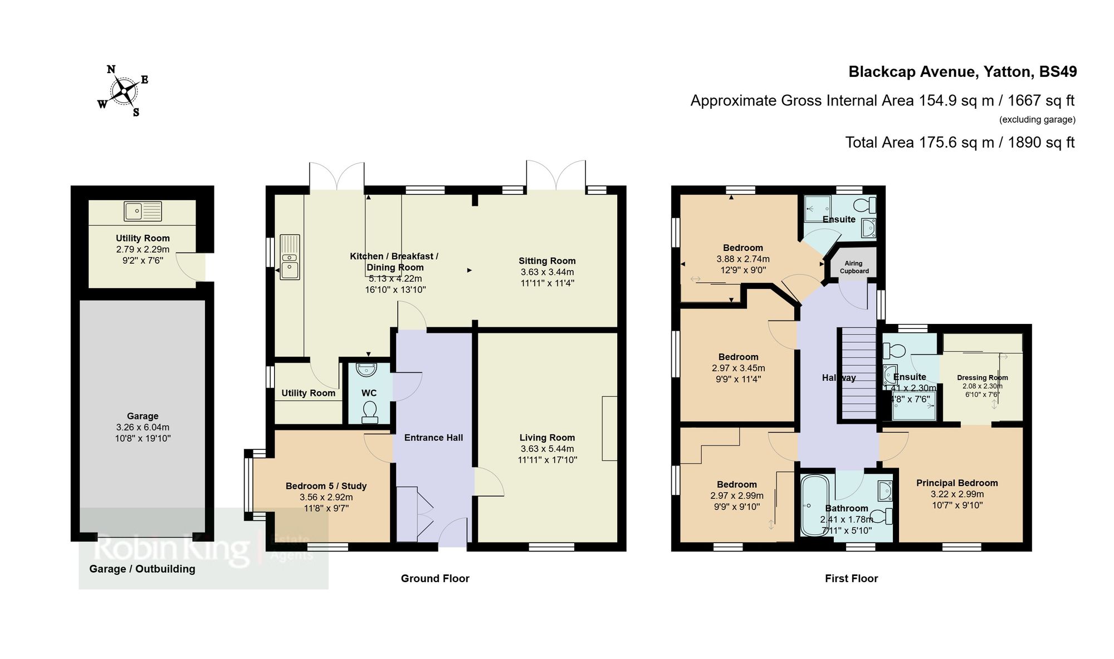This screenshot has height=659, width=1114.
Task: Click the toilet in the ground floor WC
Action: pyautogui.click(x=369, y=413)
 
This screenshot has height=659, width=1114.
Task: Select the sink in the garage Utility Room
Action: pyautogui.click(x=143, y=211)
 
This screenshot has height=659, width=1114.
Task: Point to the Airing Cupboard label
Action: pyautogui.click(x=854, y=267)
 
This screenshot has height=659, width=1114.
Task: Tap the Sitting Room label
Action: pyautogui.click(x=547, y=261)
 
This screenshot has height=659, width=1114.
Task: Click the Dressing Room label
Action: pyautogui.click(x=982, y=377)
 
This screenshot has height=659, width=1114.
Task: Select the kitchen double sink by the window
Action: pyautogui.click(x=290, y=257)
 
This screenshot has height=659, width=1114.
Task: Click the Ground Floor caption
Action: pyautogui.click(x=435, y=579)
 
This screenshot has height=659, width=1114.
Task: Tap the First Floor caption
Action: pyautogui.click(x=851, y=579)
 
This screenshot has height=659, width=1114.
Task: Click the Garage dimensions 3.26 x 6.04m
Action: pyautogui.click(x=143, y=427)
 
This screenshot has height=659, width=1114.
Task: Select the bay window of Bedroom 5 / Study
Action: pyautogui.click(x=248, y=485)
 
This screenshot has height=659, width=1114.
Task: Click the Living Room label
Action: pyautogui.click(x=547, y=438)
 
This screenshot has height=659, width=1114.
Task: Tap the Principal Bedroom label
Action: pyautogui.click(x=957, y=483)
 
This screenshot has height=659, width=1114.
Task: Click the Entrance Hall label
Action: pyautogui.click(x=433, y=438)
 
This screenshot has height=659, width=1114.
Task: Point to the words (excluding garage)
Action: pyautogui.click(x=1037, y=119)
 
